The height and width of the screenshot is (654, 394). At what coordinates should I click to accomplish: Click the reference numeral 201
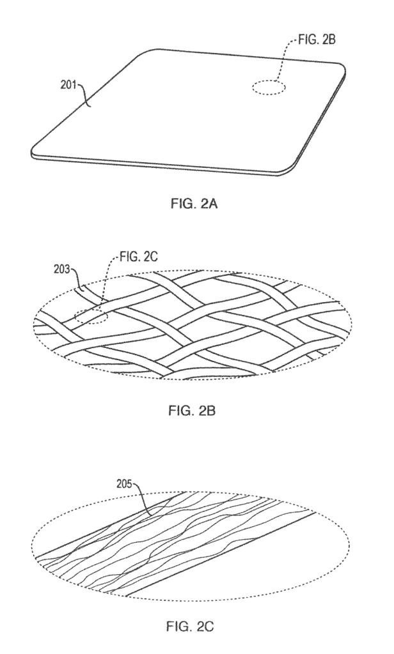click(68, 86)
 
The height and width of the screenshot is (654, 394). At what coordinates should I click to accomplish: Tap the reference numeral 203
click(61, 269)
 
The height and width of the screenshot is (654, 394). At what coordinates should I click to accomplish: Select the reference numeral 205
click(124, 484)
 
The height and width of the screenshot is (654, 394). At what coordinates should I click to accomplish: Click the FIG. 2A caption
click(194, 204)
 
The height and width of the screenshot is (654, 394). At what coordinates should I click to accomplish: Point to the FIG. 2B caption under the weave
click(192, 411)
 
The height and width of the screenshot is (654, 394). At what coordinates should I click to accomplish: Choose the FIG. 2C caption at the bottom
click(190, 626)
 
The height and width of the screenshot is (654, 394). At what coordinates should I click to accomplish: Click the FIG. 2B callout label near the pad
click(317, 40)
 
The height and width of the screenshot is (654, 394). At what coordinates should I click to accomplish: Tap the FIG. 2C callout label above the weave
click(139, 257)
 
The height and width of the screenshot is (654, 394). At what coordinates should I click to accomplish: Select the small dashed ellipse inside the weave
click(91, 317)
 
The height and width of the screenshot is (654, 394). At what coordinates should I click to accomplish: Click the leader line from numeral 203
click(77, 277)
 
